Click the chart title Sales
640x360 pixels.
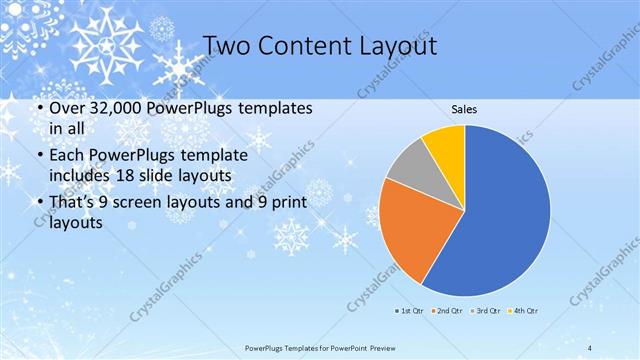(x=463, y=108)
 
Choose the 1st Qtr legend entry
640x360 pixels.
(x=410, y=311)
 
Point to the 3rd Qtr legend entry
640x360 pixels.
(x=487, y=311)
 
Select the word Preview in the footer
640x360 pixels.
(x=377, y=347)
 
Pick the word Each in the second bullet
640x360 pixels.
(x=66, y=157)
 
